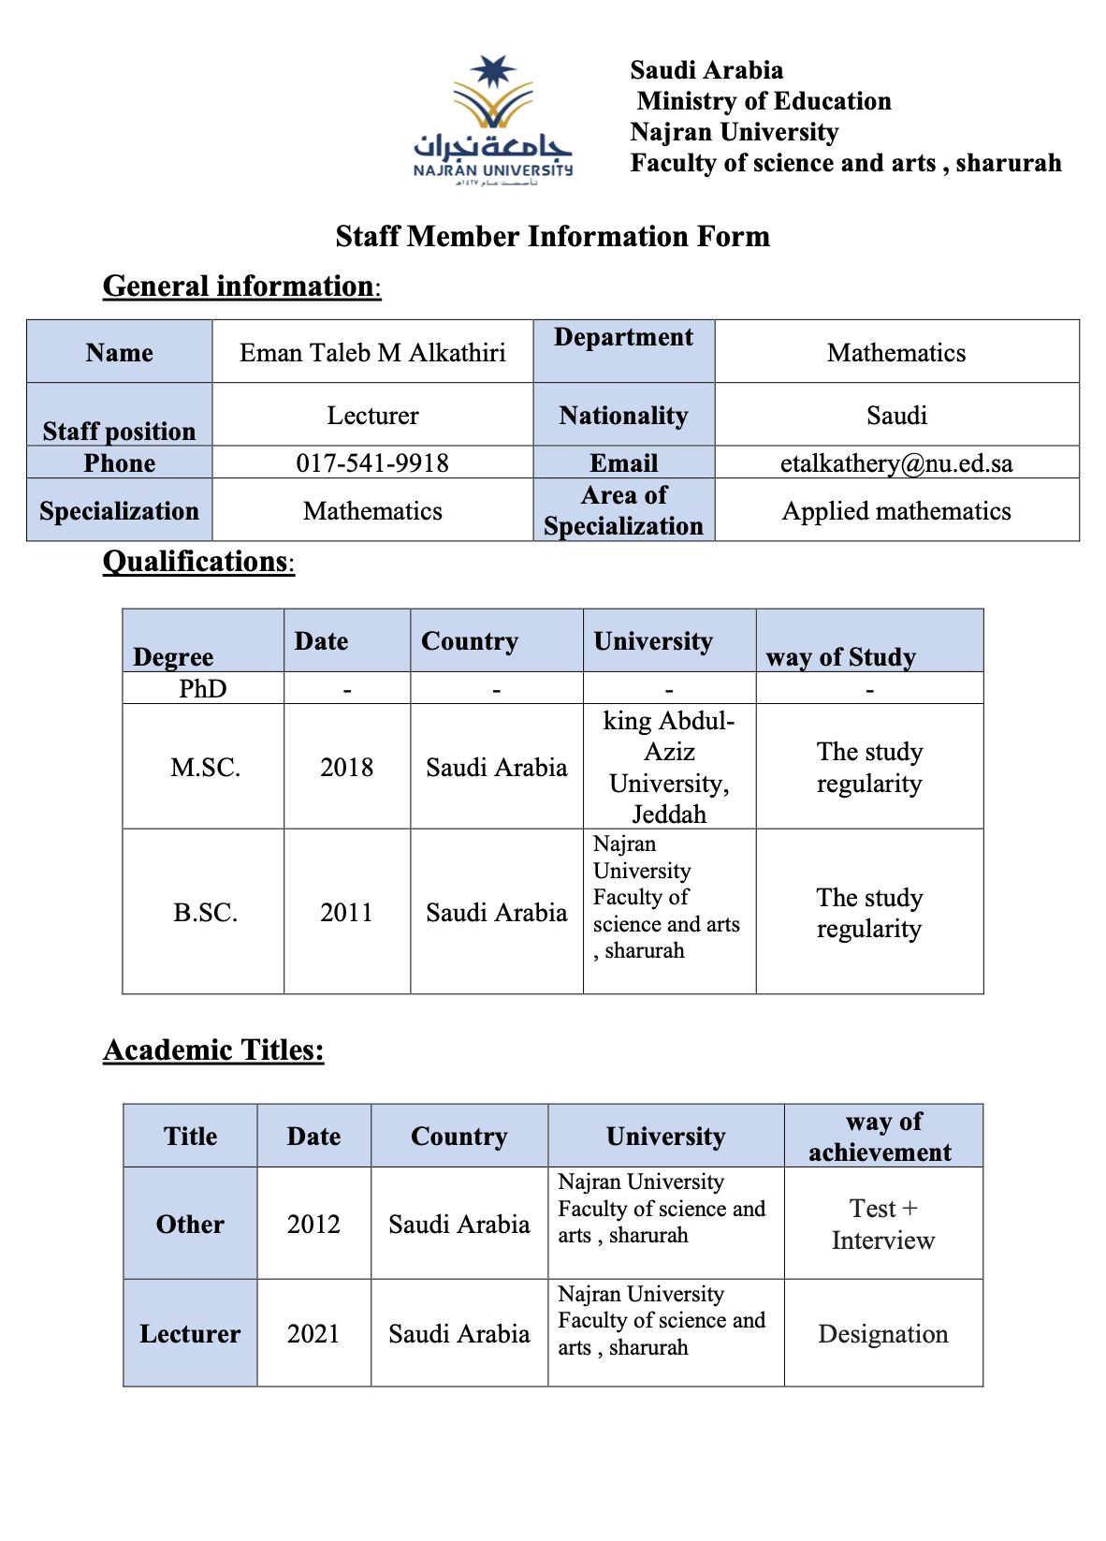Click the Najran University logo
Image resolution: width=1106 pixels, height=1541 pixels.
coord(493,119)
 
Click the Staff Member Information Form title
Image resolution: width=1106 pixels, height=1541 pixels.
coord(552,236)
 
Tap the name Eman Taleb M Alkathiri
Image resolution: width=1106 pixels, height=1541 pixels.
coord(372,353)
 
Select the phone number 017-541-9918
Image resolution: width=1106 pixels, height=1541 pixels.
coord(372,463)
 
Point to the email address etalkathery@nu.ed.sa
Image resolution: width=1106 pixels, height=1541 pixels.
coord(896,463)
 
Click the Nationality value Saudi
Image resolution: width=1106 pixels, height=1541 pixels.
coord(896,416)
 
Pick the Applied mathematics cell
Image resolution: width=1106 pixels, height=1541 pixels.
coord(896,511)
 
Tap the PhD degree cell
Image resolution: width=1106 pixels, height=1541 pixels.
coord(203,689)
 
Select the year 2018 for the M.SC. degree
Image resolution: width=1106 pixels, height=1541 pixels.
coord(346,768)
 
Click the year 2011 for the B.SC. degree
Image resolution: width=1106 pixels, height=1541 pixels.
coord(346,913)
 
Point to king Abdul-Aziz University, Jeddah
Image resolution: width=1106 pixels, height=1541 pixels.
coord(669,768)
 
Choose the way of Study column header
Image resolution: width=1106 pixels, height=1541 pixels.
coord(840,657)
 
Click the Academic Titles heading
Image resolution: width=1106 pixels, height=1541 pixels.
coord(213,1050)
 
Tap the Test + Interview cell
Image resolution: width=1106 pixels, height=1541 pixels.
coord(883,1225)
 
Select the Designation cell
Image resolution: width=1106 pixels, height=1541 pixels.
coord(883,1334)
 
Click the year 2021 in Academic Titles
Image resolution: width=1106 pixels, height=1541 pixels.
coord(313,1334)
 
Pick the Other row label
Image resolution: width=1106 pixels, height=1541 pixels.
coord(190,1225)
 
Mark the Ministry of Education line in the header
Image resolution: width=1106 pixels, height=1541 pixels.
coord(764,101)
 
